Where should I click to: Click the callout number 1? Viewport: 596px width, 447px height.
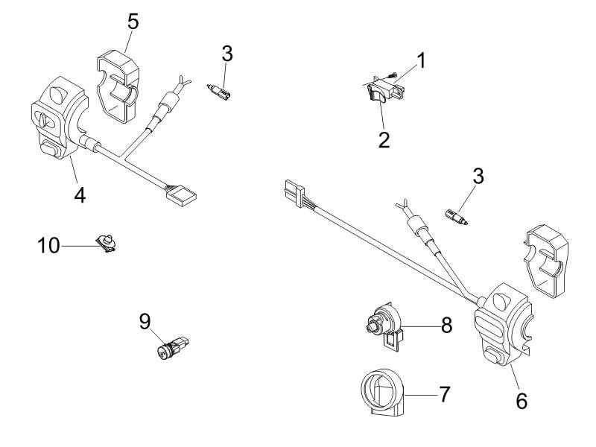(x=421, y=61)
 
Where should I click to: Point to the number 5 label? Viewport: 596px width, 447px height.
(x=133, y=20)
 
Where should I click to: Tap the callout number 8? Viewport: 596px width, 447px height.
(x=446, y=325)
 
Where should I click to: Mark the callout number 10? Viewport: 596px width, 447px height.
(x=50, y=244)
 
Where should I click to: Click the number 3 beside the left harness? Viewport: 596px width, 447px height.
(x=228, y=54)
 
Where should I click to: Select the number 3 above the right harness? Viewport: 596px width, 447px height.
(x=478, y=177)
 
